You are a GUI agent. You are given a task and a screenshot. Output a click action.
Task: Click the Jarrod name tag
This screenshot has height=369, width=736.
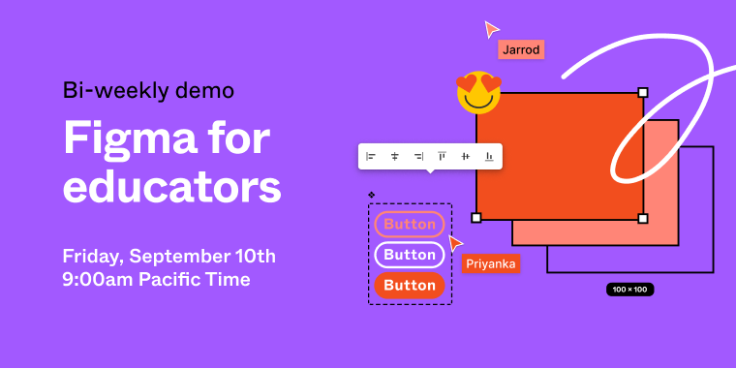coord(521,49)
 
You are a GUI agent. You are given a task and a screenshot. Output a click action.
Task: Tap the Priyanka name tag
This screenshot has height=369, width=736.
coord(491,262)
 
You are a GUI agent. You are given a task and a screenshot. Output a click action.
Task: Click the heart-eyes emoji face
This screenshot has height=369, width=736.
coord(478,93)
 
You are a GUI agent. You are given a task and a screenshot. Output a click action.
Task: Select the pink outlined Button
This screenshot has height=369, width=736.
coord(410,224)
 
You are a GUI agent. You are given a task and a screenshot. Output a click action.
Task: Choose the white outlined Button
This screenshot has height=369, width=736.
coord(410,255)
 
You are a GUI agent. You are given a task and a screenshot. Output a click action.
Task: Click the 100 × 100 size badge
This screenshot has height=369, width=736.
coord(630,289)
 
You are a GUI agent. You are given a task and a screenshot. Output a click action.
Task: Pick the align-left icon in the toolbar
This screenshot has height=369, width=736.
coord(371,156)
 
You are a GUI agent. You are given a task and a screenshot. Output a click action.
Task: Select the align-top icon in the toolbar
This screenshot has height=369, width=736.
coord(442,156)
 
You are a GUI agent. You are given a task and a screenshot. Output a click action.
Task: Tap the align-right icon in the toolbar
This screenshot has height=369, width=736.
coord(418,156)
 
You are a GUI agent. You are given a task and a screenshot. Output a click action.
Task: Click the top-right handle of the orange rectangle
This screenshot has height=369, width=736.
coord(643,92)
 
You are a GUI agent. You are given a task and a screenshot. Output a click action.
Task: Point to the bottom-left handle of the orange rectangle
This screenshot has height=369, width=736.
coord(475,218)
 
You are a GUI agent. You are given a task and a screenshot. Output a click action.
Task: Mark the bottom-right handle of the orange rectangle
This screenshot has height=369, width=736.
coord(643,218)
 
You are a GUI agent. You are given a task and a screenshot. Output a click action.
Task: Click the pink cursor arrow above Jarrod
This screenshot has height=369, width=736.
coord(491,28)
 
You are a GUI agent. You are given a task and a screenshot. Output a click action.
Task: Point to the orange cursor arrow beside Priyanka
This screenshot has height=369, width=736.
coord(454,243)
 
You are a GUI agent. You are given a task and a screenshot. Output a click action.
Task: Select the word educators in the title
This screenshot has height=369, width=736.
coord(172,186)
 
